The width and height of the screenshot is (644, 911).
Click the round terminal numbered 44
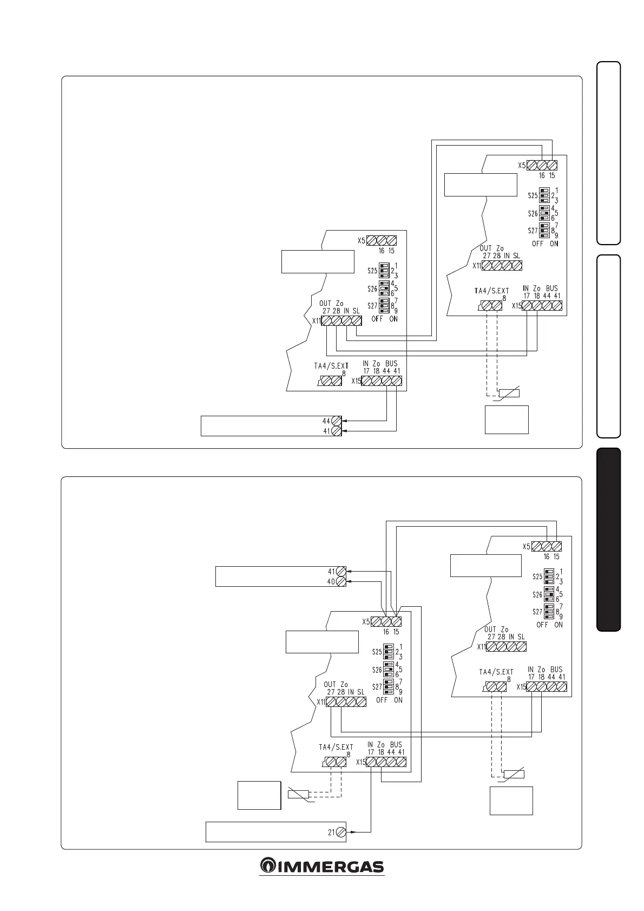pos(336,421)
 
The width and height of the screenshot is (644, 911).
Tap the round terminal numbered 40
pos(341,581)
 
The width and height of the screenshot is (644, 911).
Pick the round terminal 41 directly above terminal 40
pos(341,572)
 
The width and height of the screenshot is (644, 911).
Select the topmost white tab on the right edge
pos(608,153)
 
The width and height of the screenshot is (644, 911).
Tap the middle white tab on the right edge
pos(608,346)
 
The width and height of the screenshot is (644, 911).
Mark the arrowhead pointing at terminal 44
pos(345,421)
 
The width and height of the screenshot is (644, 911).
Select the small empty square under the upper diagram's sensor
pos(507,420)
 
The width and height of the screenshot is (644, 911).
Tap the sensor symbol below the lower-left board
pos(298,795)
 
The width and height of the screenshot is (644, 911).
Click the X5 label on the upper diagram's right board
pos(522,166)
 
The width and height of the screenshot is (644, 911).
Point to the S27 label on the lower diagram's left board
pos(377,687)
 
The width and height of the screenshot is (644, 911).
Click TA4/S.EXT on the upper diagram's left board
pos(331,366)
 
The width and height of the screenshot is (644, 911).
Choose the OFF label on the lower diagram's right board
pos(542,625)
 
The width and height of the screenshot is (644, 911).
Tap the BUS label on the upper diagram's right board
pos(551,289)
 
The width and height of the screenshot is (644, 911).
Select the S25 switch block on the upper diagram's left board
pos(385,270)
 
